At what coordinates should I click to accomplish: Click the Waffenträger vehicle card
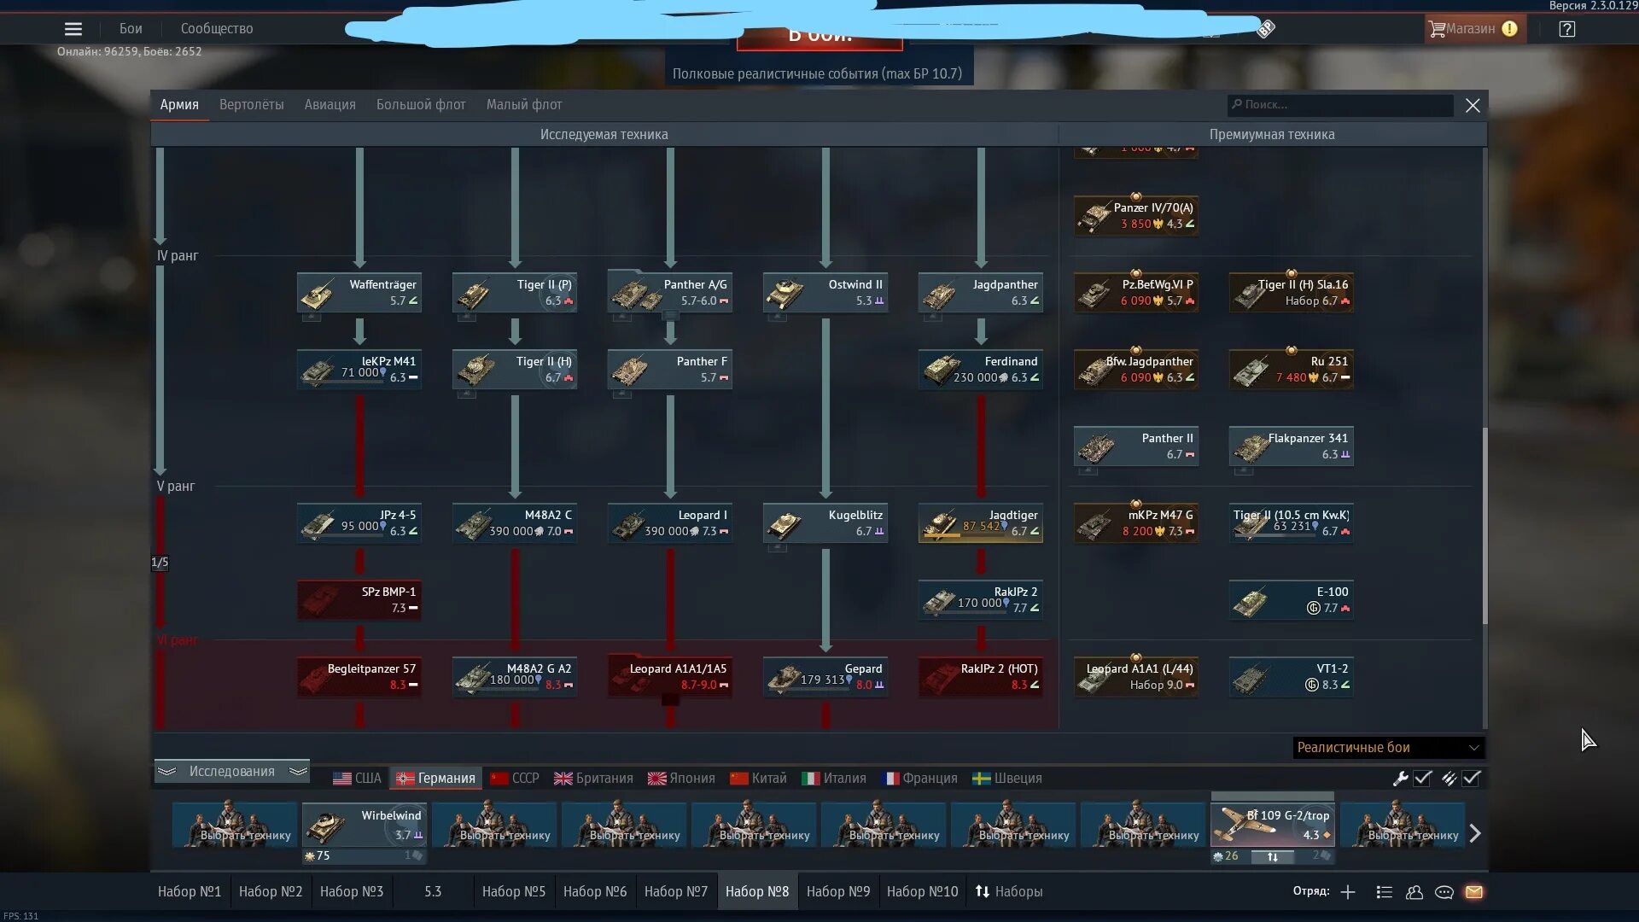pyautogui.click(x=359, y=292)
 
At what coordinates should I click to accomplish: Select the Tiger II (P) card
pyautogui.click(x=514, y=292)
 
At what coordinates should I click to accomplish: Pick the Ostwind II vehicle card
pyautogui.click(x=825, y=292)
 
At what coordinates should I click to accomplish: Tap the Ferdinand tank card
pyautogui.click(x=980, y=369)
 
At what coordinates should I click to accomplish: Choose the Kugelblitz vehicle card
pyautogui.click(x=825, y=522)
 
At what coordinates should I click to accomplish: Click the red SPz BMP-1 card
pyautogui.click(x=359, y=599)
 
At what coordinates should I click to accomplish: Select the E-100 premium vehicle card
pyautogui.click(x=1291, y=599)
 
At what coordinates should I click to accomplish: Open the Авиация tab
pyautogui.click(x=330, y=105)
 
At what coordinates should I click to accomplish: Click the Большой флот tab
pyautogui.click(x=421, y=105)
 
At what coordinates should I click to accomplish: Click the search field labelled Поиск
pyautogui.click(x=1340, y=105)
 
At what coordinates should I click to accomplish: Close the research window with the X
pyautogui.click(x=1473, y=106)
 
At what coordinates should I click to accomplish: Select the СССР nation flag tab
pyautogui.click(x=515, y=779)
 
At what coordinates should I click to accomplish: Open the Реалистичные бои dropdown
pyautogui.click(x=1388, y=748)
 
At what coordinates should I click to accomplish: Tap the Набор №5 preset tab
pyautogui.click(x=513, y=891)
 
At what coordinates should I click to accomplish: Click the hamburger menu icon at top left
pyautogui.click(x=73, y=29)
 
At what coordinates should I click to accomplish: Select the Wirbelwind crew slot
pyautogui.click(x=364, y=826)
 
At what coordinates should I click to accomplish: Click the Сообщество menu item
pyautogui.click(x=217, y=29)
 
